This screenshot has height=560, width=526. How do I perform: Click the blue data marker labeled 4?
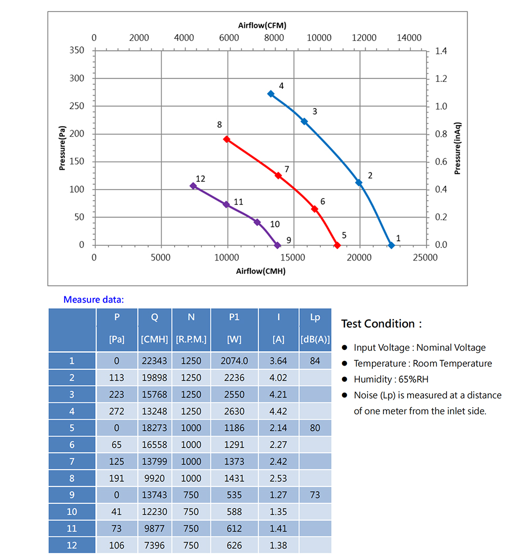(271, 94)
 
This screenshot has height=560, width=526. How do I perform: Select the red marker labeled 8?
(227, 139)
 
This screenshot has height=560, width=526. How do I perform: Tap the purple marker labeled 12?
(193, 186)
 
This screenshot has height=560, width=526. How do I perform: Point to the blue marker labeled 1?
(391, 245)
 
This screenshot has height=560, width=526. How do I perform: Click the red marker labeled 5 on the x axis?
(337, 245)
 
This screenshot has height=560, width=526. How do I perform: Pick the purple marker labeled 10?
(257, 222)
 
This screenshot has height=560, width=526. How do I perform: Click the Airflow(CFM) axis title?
(262, 25)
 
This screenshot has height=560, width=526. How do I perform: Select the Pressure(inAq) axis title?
(458, 149)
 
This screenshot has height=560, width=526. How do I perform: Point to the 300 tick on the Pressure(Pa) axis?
(77, 78)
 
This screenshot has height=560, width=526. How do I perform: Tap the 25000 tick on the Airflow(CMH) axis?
(425, 257)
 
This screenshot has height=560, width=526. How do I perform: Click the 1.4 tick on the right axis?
(441, 51)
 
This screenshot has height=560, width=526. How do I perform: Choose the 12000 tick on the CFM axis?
(364, 38)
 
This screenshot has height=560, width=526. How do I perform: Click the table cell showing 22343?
(155, 361)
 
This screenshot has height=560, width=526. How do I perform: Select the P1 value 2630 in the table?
(234, 411)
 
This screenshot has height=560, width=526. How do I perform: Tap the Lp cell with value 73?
(315, 495)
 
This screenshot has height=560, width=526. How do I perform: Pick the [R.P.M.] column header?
(191, 339)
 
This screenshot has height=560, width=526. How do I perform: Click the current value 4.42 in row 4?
(278, 411)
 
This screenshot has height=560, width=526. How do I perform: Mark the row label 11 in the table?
(72, 528)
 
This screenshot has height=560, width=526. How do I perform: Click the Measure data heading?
(94, 300)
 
